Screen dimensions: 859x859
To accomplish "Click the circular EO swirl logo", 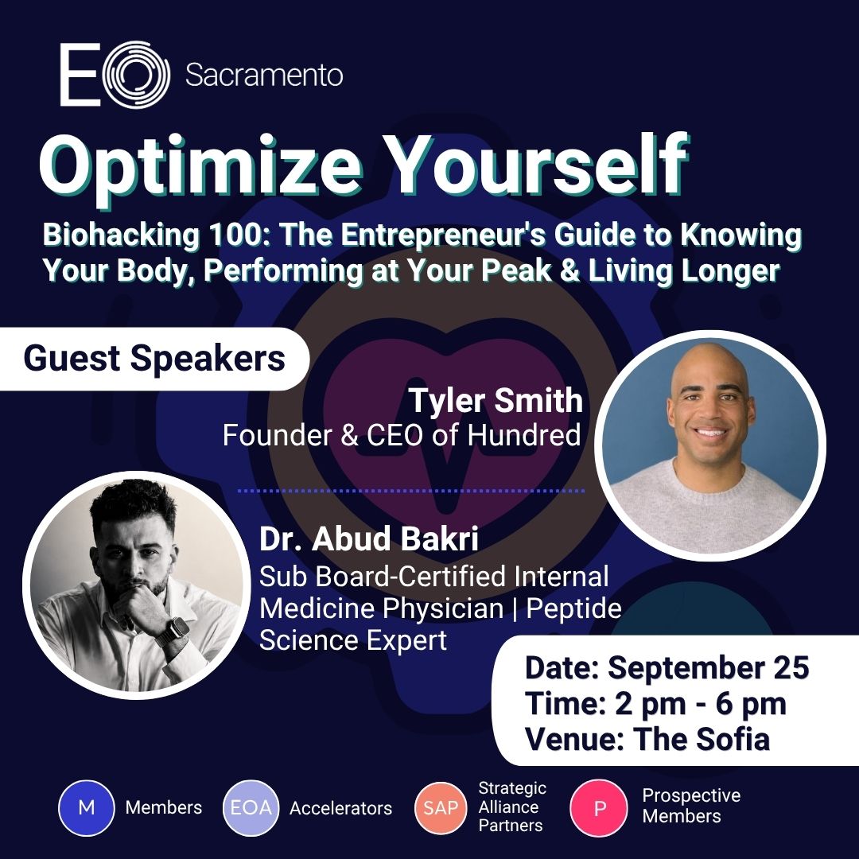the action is coord(137,75).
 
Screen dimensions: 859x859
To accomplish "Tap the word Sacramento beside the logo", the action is coord(264,75).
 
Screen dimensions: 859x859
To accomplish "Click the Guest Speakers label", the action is coord(154,358).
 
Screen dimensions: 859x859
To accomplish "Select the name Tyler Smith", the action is coord(496,400).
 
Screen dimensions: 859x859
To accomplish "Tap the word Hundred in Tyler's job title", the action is coord(523,436).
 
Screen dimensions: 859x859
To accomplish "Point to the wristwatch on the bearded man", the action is coord(174,631).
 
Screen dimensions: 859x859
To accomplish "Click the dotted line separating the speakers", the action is coord(411,491).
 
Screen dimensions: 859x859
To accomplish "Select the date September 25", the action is coord(709,668).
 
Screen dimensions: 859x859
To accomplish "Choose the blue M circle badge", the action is coord(87,807).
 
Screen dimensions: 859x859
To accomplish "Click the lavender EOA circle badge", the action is coord(251,807).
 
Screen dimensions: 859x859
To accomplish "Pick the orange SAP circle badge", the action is coord(441,807).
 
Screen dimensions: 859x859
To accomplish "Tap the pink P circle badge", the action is coord(599,807).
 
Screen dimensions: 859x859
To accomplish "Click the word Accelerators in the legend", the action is coord(340,808).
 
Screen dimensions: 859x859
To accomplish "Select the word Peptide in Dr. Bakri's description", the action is coord(573,609).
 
